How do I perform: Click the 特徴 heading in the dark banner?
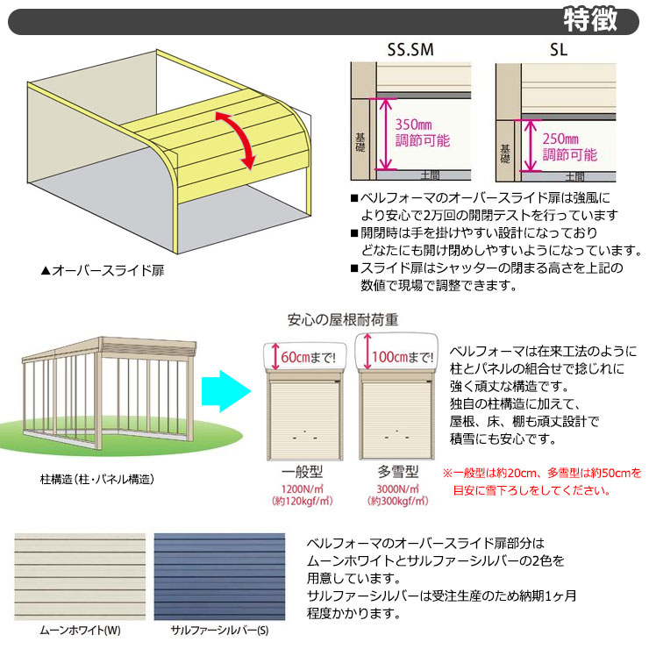click(x=590, y=19)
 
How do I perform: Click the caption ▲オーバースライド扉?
click(x=103, y=271)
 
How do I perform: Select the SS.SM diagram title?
click(x=410, y=50)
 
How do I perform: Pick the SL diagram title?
click(x=559, y=50)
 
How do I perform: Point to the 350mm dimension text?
click(x=413, y=125)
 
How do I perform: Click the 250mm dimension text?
click(x=560, y=139)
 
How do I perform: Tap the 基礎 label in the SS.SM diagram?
click(x=360, y=142)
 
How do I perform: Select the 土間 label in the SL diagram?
click(x=575, y=177)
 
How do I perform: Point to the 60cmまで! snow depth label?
click(x=308, y=357)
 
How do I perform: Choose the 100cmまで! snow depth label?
click(x=403, y=357)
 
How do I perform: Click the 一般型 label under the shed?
click(x=303, y=472)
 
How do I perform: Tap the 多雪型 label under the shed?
click(x=398, y=472)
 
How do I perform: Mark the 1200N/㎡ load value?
click(x=303, y=489)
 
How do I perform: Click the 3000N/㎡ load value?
click(x=398, y=489)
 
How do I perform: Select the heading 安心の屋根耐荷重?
click(x=343, y=319)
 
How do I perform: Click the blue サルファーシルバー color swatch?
click(x=219, y=576)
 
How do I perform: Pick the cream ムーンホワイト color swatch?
click(x=80, y=576)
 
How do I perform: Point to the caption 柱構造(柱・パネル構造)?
click(x=96, y=480)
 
